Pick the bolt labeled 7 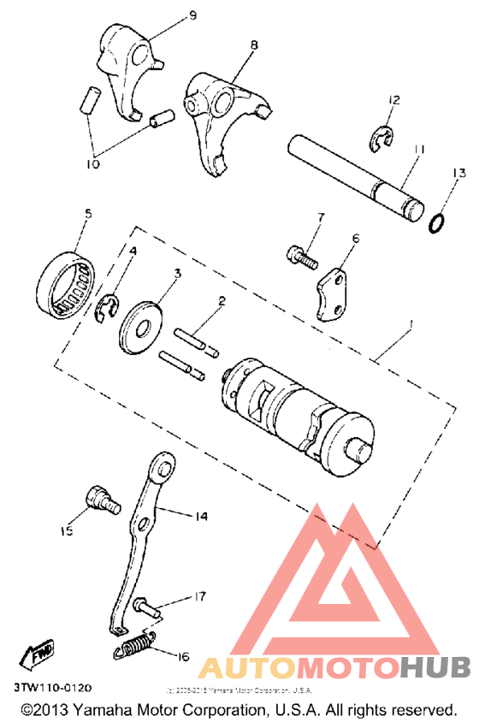(x=300, y=253)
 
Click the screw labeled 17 (x=148, y=609)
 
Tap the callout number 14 (x=201, y=517)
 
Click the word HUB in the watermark (x=435, y=667)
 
